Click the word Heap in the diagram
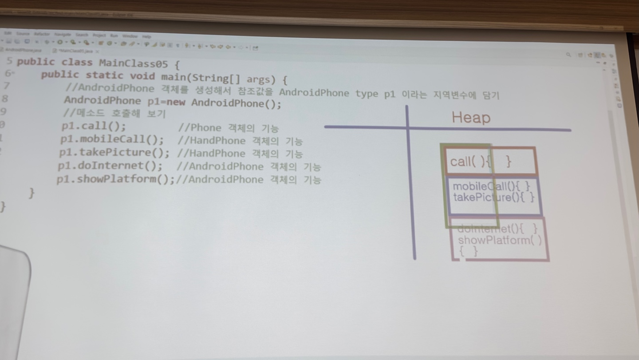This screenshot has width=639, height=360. click(471, 118)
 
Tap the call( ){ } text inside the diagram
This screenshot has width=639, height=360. click(481, 162)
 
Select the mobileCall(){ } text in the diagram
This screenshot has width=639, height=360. click(491, 186)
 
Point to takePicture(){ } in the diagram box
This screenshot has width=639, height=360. click(493, 197)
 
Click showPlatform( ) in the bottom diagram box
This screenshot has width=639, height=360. click(500, 240)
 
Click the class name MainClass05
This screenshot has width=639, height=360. click(133, 63)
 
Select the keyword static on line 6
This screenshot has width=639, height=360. click(105, 75)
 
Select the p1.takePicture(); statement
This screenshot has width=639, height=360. click(114, 152)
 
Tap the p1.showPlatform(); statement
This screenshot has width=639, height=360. click(115, 179)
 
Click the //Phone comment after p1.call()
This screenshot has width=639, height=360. click(199, 128)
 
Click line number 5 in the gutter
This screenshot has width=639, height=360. click(9, 61)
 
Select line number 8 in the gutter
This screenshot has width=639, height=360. click(5, 99)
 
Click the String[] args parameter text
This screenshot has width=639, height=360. click(240, 79)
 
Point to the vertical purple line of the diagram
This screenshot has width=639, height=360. click(410, 186)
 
